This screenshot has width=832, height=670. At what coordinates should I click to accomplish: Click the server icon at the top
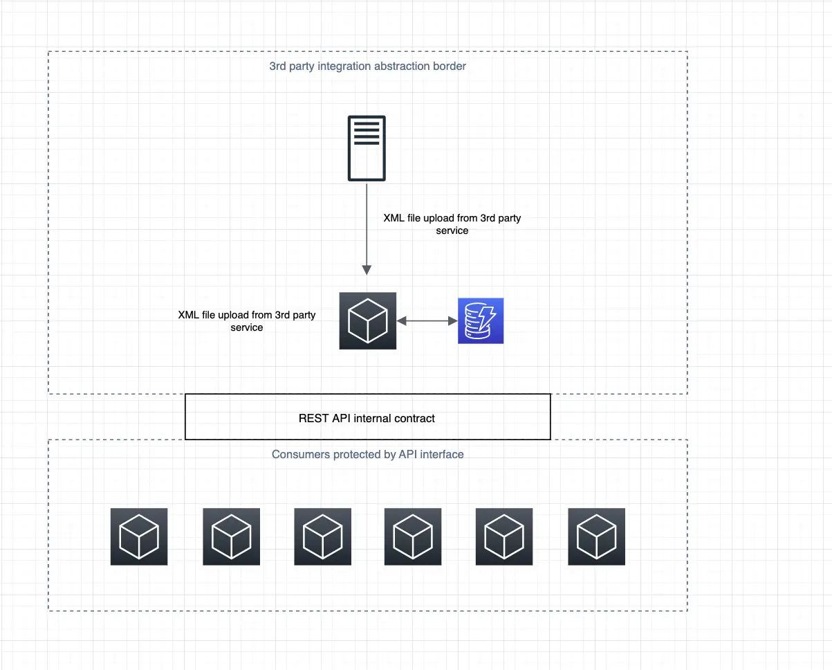pyautogui.click(x=367, y=149)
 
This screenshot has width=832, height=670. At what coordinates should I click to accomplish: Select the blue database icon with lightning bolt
pyautogui.click(x=481, y=320)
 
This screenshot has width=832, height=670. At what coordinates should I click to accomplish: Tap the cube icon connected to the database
pyautogui.click(x=367, y=320)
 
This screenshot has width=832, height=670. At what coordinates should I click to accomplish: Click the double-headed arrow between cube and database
pyautogui.click(x=427, y=321)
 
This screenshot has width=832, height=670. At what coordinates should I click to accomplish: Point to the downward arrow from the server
pyautogui.click(x=367, y=228)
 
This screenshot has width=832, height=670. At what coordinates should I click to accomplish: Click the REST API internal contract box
pyautogui.click(x=367, y=417)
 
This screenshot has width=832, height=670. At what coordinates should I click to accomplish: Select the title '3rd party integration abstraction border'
pyautogui.click(x=367, y=66)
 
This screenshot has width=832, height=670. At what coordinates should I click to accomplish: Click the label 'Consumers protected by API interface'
pyautogui.click(x=367, y=454)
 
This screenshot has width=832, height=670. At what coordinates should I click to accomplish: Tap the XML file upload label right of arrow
pyautogui.click(x=452, y=224)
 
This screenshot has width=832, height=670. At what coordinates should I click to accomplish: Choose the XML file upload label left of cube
pyautogui.click(x=247, y=321)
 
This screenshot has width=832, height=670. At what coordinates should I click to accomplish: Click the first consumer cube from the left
pyautogui.click(x=139, y=536)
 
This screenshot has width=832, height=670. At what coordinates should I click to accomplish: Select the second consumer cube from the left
pyautogui.click(x=231, y=536)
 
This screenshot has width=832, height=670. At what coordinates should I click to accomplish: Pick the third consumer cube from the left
pyautogui.click(x=322, y=536)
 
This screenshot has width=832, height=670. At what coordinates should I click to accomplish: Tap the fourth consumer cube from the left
pyautogui.click(x=413, y=536)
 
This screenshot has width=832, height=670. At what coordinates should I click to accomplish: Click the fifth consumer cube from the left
pyautogui.click(x=504, y=536)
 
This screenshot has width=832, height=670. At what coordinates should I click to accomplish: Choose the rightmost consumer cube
pyautogui.click(x=596, y=536)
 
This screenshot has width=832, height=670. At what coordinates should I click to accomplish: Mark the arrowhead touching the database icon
pyautogui.click(x=453, y=321)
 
